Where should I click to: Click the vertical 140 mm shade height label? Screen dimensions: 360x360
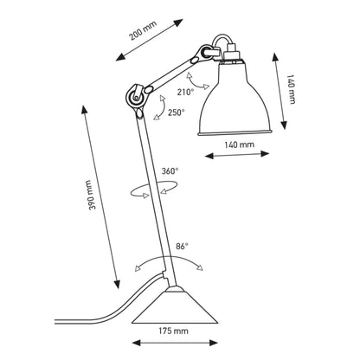(x=289, y=86)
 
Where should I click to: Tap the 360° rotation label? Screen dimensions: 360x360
(x=170, y=171)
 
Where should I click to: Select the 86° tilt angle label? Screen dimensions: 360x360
(x=181, y=246)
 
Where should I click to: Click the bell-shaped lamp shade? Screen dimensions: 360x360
(x=235, y=100)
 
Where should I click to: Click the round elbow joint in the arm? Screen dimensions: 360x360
(x=135, y=97)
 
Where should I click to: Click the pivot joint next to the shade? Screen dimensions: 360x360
(x=206, y=56)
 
